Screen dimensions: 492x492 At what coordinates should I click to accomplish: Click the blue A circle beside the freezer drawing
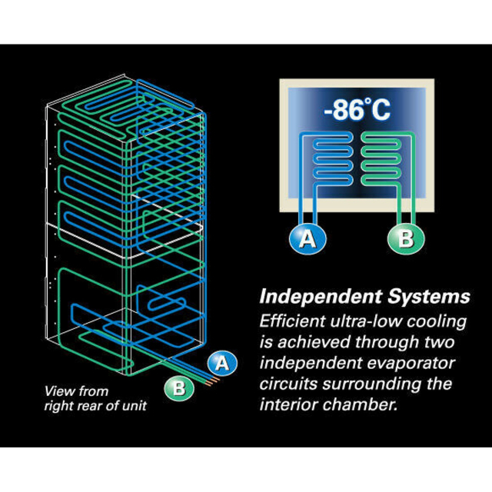click(222, 363)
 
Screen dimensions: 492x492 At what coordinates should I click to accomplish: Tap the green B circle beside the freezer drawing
click(179, 388)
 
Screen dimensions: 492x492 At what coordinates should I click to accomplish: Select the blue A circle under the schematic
click(307, 239)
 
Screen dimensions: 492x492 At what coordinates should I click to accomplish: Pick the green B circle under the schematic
click(406, 239)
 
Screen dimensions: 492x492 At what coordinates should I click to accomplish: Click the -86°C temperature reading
click(357, 110)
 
